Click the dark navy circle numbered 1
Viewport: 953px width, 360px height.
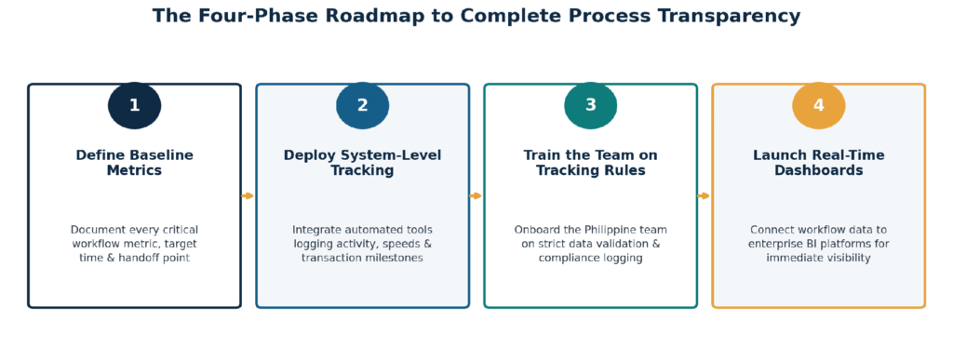(134, 106)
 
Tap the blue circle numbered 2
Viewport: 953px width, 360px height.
(362, 106)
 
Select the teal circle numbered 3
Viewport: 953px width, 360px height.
(591, 106)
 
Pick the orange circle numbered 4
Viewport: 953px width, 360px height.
(819, 106)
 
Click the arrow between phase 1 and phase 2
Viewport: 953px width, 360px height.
(248, 195)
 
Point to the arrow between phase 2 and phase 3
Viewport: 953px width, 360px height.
(476, 195)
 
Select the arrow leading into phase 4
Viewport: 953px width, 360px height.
(704, 195)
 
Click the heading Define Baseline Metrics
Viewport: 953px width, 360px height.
(134, 163)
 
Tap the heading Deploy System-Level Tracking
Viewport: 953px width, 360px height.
(362, 163)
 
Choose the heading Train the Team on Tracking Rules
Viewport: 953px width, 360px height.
(591, 163)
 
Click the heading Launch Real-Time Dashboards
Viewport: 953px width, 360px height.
(819, 163)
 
